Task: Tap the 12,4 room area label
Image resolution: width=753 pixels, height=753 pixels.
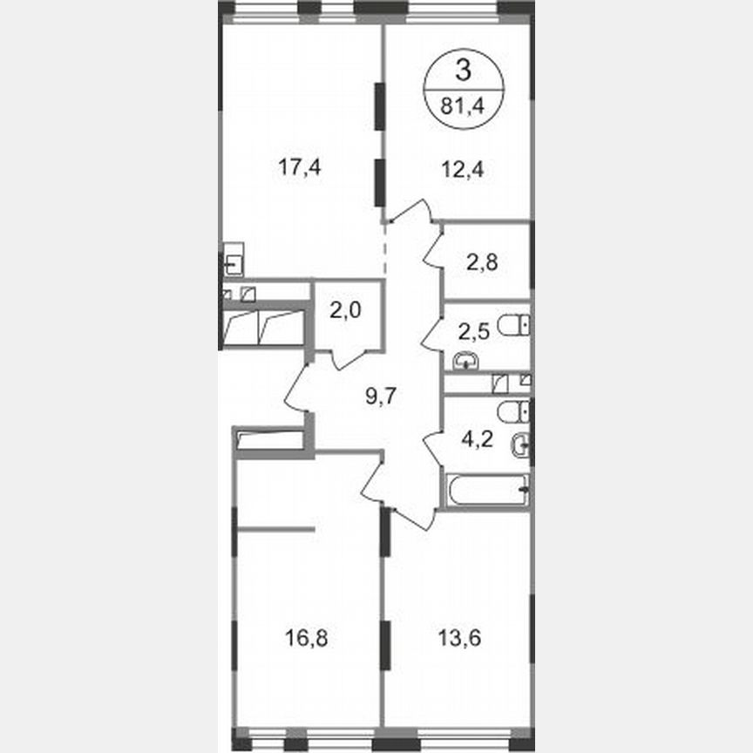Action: coord(462,167)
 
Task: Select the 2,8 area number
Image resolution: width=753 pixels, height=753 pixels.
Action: coord(483,261)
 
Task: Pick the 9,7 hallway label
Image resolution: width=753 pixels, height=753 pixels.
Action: coord(381,397)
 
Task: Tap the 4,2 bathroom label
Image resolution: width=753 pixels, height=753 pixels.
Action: coord(477,438)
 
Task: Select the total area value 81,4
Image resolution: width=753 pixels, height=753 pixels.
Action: coord(463,106)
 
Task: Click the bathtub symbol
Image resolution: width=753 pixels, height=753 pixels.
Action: coord(486,490)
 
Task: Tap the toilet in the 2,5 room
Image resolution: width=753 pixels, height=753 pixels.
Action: coord(514,327)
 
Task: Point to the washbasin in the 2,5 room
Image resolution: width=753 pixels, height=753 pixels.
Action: coord(466,358)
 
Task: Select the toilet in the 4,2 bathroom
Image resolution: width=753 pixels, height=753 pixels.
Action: coord(513,411)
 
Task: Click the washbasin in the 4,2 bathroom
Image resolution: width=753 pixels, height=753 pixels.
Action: coord(520,444)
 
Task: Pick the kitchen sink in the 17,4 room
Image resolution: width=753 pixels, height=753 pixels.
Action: coord(232,261)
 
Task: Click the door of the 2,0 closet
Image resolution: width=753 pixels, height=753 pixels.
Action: coord(348,356)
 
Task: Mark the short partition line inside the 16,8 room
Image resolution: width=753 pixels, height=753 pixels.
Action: coord(275,528)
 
